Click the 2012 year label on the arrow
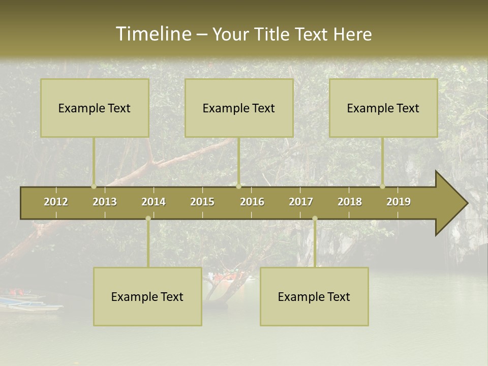click(x=56, y=202)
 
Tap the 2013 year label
click(x=105, y=202)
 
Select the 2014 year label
click(x=154, y=202)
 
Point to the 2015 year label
click(x=202, y=202)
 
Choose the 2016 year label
click(x=252, y=202)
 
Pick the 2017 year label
click(x=301, y=202)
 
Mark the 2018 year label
click(x=350, y=202)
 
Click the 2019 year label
click(x=399, y=202)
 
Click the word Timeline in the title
click(x=152, y=34)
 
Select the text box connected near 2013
click(x=95, y=108)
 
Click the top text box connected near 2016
click(x=239, y=108)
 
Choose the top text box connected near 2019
click(x=383, y=108)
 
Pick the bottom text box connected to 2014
click(x=147, y=296)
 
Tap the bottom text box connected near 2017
click(x=314, y=296)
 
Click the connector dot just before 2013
click(x=94, y=187)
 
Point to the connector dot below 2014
click(x=148, y=219)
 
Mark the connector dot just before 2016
click(x=238, y=187)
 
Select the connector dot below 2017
click(x=315, y=219)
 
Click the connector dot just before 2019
click(x=382, y=187)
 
